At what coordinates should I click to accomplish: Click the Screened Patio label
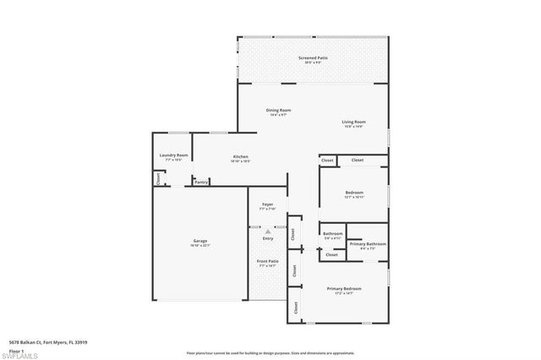313,58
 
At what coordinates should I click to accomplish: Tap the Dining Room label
278,111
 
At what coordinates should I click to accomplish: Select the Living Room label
352,122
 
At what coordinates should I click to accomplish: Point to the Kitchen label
240,156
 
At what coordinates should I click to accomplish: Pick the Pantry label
201,182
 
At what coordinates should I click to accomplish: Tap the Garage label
200,241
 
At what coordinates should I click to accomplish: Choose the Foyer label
267,204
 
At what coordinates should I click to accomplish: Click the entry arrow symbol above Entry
267,230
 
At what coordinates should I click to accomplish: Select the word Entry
267,239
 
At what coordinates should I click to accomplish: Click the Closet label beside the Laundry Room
157,178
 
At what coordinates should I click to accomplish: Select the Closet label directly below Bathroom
331,254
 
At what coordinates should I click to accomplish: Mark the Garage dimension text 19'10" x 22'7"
200,245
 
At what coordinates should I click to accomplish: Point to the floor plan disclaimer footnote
270,352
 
